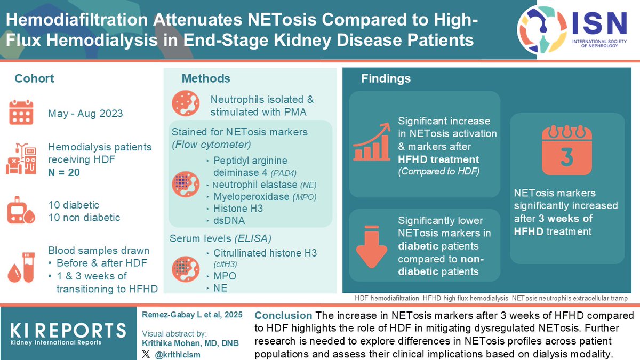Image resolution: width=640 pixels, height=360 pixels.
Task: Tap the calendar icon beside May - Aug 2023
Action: click(22, 113)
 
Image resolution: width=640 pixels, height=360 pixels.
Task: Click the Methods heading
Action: click(206, 78)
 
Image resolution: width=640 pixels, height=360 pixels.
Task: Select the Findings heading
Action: click(386, 78)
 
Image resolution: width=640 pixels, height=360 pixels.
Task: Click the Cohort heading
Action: click(34, 78)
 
